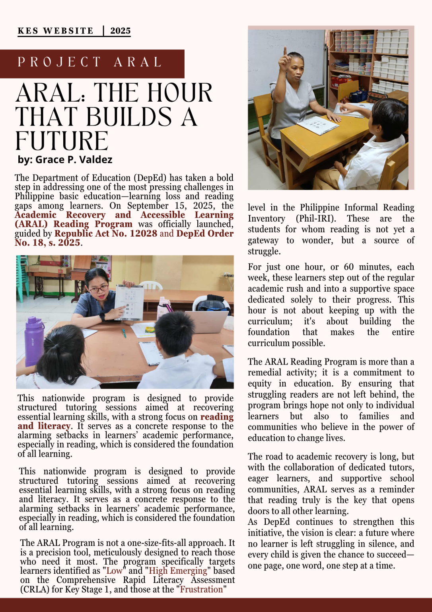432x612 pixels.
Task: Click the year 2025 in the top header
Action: (121, 31)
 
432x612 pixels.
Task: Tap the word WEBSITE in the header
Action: (68, 31)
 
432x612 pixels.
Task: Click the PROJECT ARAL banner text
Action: (90, 62)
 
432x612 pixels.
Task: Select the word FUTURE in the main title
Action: (62, 141)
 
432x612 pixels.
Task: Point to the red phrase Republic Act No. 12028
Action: (106, 233)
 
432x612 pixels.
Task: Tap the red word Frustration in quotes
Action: (201, 589)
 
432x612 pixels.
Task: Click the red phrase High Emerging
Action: (178, 571)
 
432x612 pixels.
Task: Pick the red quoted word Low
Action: (115, 571)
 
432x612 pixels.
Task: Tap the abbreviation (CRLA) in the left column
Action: (35, 589)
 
